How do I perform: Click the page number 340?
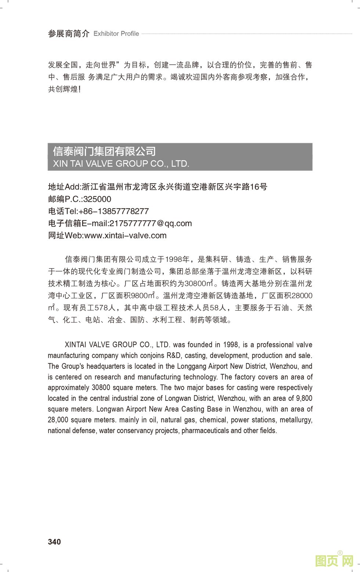click(x=54, y=542)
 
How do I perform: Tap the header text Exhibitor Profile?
click(x=116, y=33)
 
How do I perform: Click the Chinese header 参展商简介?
click(x=69, y=34)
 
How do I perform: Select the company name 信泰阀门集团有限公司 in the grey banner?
click(x=104, y=151)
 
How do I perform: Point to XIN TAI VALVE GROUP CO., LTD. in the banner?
click(x=121, y=163)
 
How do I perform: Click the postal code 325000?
click(x=97, y=199)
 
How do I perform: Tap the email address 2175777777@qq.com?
click(x=151, y=223)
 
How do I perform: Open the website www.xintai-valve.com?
click(x=125, y=235)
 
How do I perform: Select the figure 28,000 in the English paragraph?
click(x=58, y=420)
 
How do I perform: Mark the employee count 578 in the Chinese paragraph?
click(x=100, y=308)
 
